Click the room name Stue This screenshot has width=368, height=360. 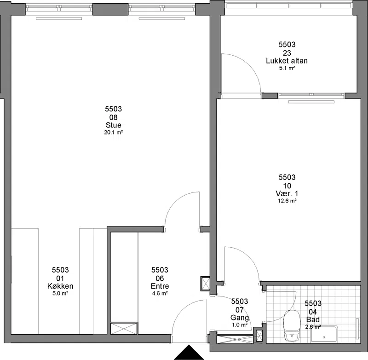coord(113,125)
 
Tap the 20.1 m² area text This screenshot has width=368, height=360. coord(114,133)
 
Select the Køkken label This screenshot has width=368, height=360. coord(60,286)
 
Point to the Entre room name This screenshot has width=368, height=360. coord(160,286)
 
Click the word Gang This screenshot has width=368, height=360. coord(240,318)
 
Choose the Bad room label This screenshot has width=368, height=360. coord(313,319)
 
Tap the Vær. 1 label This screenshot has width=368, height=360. coord(287,193)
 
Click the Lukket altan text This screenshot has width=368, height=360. coord(287,61)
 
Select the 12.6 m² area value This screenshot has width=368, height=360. coord(287,201)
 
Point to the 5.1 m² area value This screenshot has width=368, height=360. coord(287,68)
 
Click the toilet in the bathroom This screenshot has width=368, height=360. coord(292,326)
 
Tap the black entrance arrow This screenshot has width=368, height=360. coord(189,352)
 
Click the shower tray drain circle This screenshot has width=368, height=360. coord(324,337)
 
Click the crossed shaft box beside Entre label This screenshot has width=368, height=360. coord(206,284)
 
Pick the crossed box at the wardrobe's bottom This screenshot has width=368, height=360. coord(124,329)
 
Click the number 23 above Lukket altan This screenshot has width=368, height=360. coord(287,53)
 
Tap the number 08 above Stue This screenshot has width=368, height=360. coord(113,117)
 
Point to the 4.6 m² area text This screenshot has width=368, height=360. coord(160,293)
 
